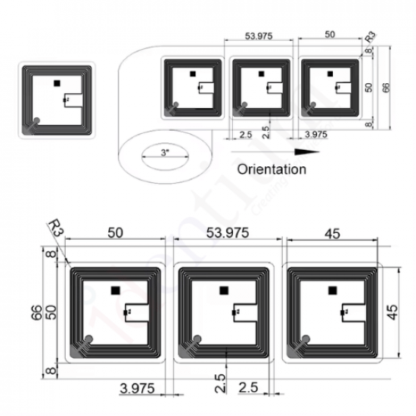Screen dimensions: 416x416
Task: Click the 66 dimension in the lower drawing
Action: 36,312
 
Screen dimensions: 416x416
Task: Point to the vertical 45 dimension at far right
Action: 391,312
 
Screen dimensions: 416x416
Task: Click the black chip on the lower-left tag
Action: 115,289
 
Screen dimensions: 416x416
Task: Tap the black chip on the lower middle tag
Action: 223,290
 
